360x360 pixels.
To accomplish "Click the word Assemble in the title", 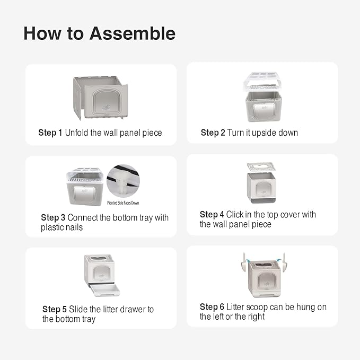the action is [133, 33].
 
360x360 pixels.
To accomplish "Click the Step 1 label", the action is [50, 133].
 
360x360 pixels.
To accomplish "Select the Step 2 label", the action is [213, 133].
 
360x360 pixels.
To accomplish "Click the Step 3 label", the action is [53, 218].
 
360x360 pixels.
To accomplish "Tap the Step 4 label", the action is [212, 215].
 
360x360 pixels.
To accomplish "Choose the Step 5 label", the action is [55, 310].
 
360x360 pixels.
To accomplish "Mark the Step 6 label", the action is [212, 307].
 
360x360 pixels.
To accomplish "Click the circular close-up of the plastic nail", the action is [124, 181].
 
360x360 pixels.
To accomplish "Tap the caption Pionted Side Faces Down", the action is [123, 203].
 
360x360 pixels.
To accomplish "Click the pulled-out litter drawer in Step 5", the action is [105, 291].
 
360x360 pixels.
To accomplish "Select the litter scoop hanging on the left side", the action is [244, 264].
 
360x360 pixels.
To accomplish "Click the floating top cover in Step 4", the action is [261, 166].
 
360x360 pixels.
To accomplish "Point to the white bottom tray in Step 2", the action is [262, 82].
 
